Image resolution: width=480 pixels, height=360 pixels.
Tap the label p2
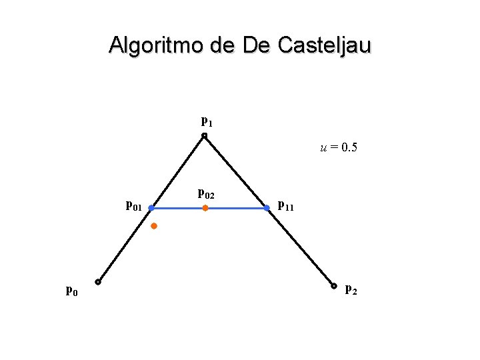tap(351, 289)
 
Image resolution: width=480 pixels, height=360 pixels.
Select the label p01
tap(134, 205)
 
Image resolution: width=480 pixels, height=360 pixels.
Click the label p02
tap(207, 194)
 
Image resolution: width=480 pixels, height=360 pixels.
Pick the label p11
tap(285, 205)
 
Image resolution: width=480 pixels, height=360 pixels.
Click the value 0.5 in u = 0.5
tap(349, 148)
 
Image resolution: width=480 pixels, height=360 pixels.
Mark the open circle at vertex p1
tap(205, 136)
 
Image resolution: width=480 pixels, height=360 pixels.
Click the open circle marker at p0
tap(97, 282)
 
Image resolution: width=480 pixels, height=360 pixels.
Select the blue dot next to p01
tap(151, 209)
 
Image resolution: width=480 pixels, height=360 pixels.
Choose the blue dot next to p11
tap(267, 209)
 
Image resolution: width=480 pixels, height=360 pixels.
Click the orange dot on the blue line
tap(205, 209)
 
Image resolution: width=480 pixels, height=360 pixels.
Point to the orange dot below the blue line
tap(153, 227)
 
